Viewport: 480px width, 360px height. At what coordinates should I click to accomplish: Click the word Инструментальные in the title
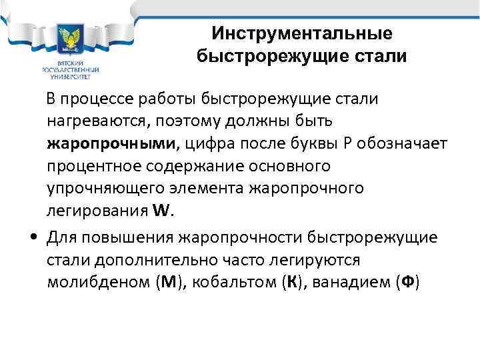tap(301, 33)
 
